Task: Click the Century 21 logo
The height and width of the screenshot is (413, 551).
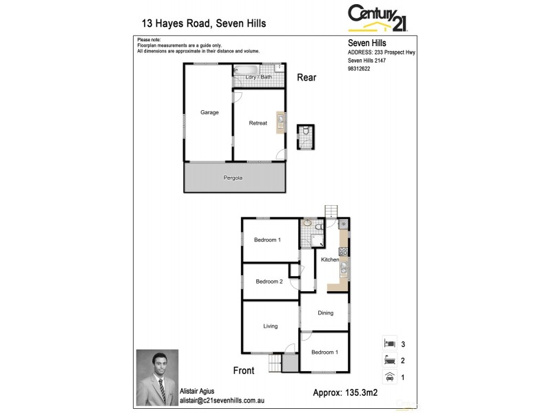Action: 378,17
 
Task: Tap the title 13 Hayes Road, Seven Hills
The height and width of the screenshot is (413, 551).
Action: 203,23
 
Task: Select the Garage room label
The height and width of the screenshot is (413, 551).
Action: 209,112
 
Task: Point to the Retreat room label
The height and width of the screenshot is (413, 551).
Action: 258,123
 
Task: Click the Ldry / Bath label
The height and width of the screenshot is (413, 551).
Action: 258,77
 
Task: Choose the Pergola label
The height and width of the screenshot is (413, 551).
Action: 233,178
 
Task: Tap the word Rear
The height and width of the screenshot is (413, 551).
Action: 306,78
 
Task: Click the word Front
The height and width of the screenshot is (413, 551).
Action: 243,370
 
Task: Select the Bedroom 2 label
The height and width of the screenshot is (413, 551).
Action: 269,282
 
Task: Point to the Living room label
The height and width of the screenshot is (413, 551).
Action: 269,326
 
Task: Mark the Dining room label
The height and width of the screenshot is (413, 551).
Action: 325,313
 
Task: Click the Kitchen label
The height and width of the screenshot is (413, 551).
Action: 330,260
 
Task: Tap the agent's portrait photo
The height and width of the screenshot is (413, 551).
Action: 157,377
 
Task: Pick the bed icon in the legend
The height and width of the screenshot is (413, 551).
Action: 389,343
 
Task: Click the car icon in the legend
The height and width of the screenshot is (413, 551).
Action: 389,377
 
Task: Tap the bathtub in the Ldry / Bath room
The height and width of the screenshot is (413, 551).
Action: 245,69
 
